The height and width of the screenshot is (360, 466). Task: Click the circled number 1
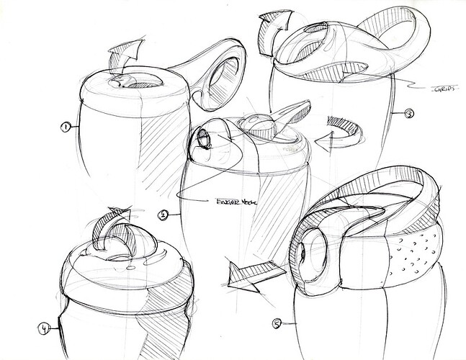pos(66,127)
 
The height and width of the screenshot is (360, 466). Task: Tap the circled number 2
pos(164,214)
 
